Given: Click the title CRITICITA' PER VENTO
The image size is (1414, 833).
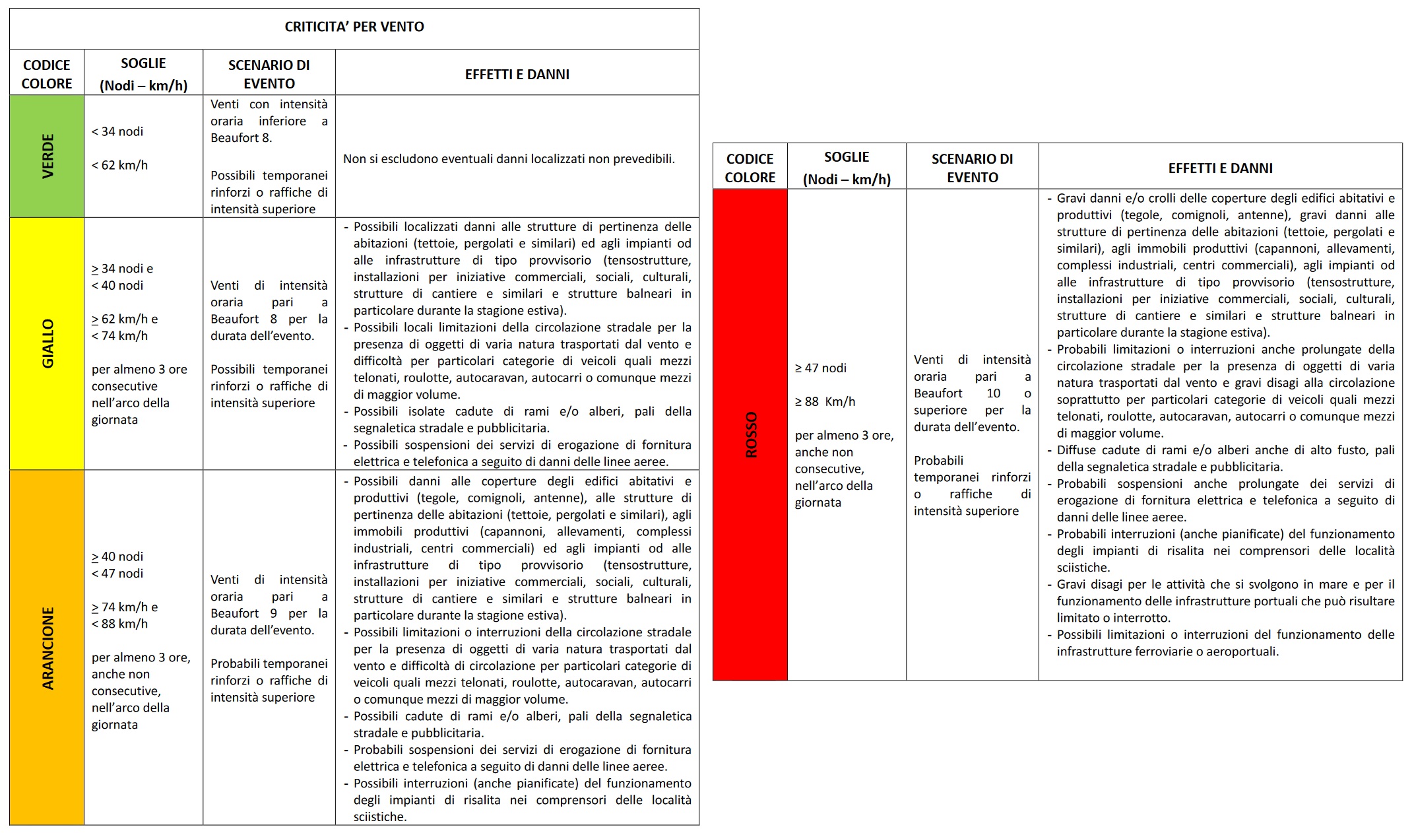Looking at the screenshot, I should pos(354,27).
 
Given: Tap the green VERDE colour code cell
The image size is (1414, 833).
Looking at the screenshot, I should pos(48,156).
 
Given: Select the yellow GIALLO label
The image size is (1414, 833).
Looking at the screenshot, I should pos(48,343).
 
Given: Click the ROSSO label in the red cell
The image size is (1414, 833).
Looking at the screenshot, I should pos(751,435).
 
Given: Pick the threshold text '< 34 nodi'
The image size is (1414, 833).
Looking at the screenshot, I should pos(117,131).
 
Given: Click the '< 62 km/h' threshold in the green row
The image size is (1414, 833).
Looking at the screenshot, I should pos(119,165).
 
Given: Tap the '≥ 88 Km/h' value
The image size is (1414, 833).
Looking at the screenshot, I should pos(825,401).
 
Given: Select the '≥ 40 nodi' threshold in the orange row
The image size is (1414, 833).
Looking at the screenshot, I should pos(117,556).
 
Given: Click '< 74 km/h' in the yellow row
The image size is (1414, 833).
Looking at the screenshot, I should pos(119,335).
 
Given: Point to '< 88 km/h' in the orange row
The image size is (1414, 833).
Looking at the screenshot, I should pos(119,624).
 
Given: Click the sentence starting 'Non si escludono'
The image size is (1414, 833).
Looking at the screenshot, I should pos(509,159).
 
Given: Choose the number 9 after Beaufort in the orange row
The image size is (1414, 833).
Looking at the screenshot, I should pos(273,613).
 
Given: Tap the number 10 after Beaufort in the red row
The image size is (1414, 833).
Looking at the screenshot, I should pos(993,393).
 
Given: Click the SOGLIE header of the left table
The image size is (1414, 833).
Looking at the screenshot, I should pos(143,63).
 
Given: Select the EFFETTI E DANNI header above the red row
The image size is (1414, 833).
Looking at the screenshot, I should pos(1220,168).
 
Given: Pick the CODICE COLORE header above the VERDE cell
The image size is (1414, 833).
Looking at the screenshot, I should pos(47,74).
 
